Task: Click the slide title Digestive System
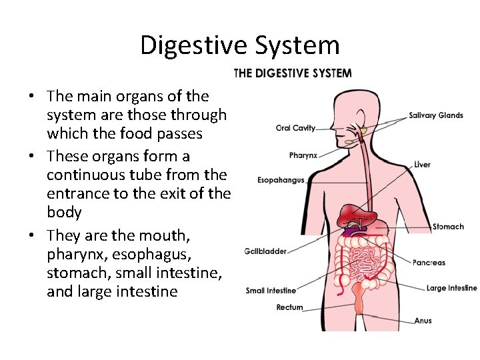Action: (240, 45)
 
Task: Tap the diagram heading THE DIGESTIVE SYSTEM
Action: (293, 73)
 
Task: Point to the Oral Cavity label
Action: (295, 129)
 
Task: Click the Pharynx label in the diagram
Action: (303, 155)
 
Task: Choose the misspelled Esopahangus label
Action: (281, 180)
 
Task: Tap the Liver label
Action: (422, 165)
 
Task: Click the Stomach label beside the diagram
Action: (448, 227)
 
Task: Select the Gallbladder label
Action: (267, 251)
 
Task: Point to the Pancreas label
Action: (429, 263)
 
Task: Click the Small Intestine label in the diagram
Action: (271, 291)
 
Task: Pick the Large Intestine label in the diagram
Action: (451, 288)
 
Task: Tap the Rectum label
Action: (289, 307)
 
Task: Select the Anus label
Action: (423, 321)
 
